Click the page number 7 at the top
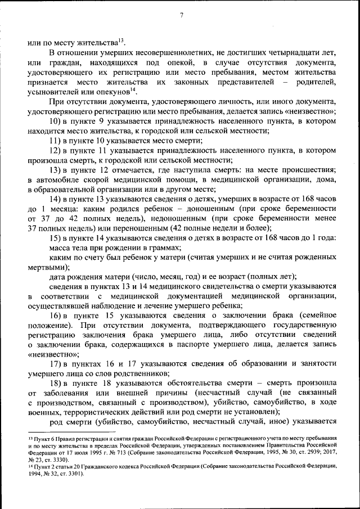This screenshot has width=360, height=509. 181,15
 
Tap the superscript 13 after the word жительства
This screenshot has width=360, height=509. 121,39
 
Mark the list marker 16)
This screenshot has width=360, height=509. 57,315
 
